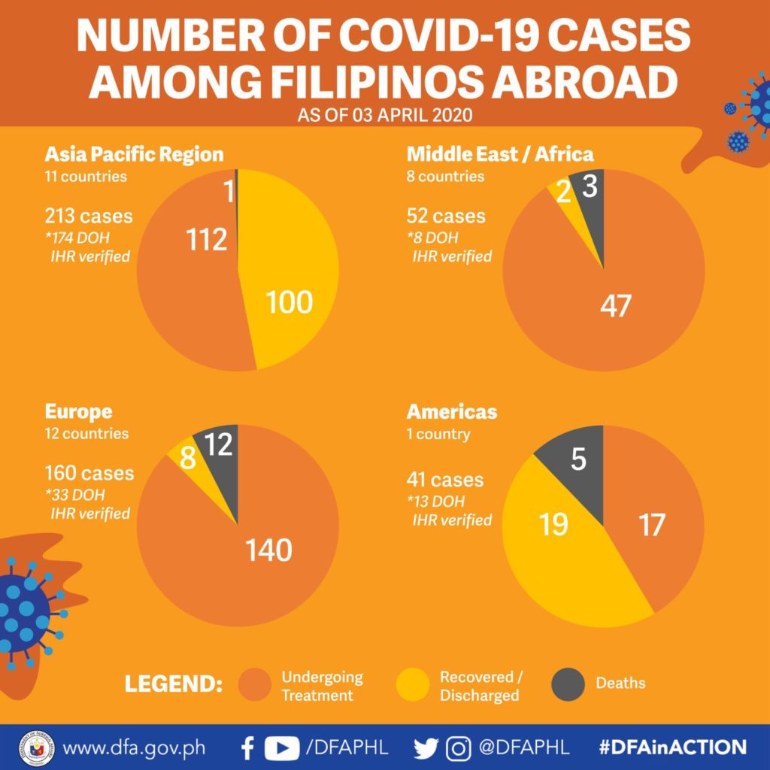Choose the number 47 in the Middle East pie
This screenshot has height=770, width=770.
tap(616, 305)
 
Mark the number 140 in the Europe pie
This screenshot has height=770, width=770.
tap(268, 550)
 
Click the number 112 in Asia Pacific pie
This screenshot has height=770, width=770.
tap(207, 240)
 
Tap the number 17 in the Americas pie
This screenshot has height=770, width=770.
tap(652, 524)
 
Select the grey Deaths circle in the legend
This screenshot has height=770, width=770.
tap(568, 684)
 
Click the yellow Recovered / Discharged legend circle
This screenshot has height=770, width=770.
tap(413, 684)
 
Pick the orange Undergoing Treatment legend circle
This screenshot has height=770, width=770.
tap(254, 684)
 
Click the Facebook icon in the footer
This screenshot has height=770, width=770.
tap(248, 748)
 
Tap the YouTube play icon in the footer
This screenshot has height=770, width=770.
tap(282, 748)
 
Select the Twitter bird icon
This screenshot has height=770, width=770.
tap(426, 748)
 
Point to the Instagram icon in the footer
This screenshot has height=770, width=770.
tap(458, 748)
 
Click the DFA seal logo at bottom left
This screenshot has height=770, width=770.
tap(37, 748)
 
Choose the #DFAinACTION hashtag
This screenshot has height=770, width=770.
tap(673, 747)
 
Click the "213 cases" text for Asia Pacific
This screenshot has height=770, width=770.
tap(89, 216)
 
